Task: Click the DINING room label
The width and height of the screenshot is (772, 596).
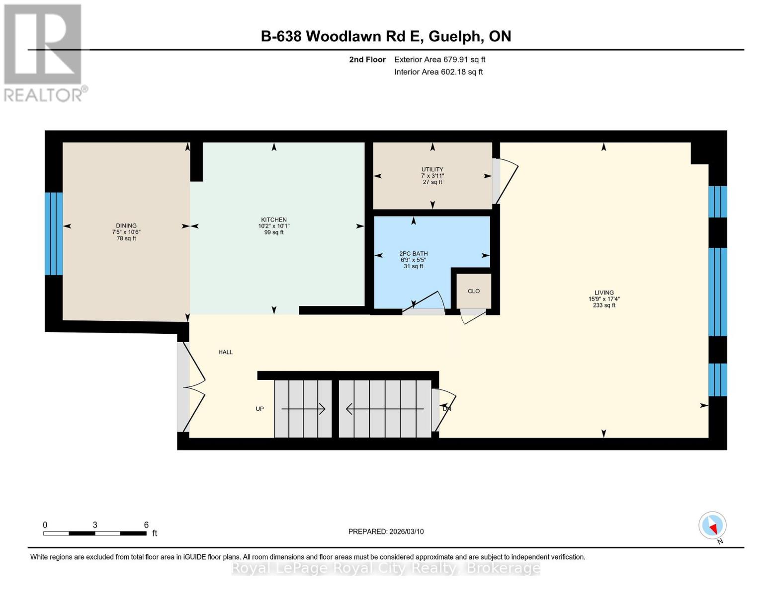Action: [x=126, y=225]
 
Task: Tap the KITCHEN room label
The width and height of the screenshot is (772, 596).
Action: [x=274, y=220]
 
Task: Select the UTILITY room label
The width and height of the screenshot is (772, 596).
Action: [x=432, y=169]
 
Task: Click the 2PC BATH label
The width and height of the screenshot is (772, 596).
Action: [x=413, y=253]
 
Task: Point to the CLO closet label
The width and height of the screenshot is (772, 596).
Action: [x=473, y=291]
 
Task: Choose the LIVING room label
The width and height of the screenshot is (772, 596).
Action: [x=604, y=293]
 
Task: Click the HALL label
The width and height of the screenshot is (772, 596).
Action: [x=225, y=352]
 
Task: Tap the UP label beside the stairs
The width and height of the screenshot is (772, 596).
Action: [x=259, y=409]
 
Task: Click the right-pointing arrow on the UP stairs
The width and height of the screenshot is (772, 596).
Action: [x=303, y=409]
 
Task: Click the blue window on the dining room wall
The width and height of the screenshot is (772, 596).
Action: [x=54, y=233]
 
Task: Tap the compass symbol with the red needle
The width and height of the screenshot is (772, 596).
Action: [x=712, y=525]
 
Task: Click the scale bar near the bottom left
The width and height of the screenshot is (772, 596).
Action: [x=94, y=533]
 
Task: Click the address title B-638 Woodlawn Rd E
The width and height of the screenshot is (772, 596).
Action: [x=386, y=36]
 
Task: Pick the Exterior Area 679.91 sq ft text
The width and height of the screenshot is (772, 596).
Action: [x=439, y=60]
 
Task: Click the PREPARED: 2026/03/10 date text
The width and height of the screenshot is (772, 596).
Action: [x=386, y=531]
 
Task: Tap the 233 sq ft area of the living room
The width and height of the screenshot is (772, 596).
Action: [x=604, y=305]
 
